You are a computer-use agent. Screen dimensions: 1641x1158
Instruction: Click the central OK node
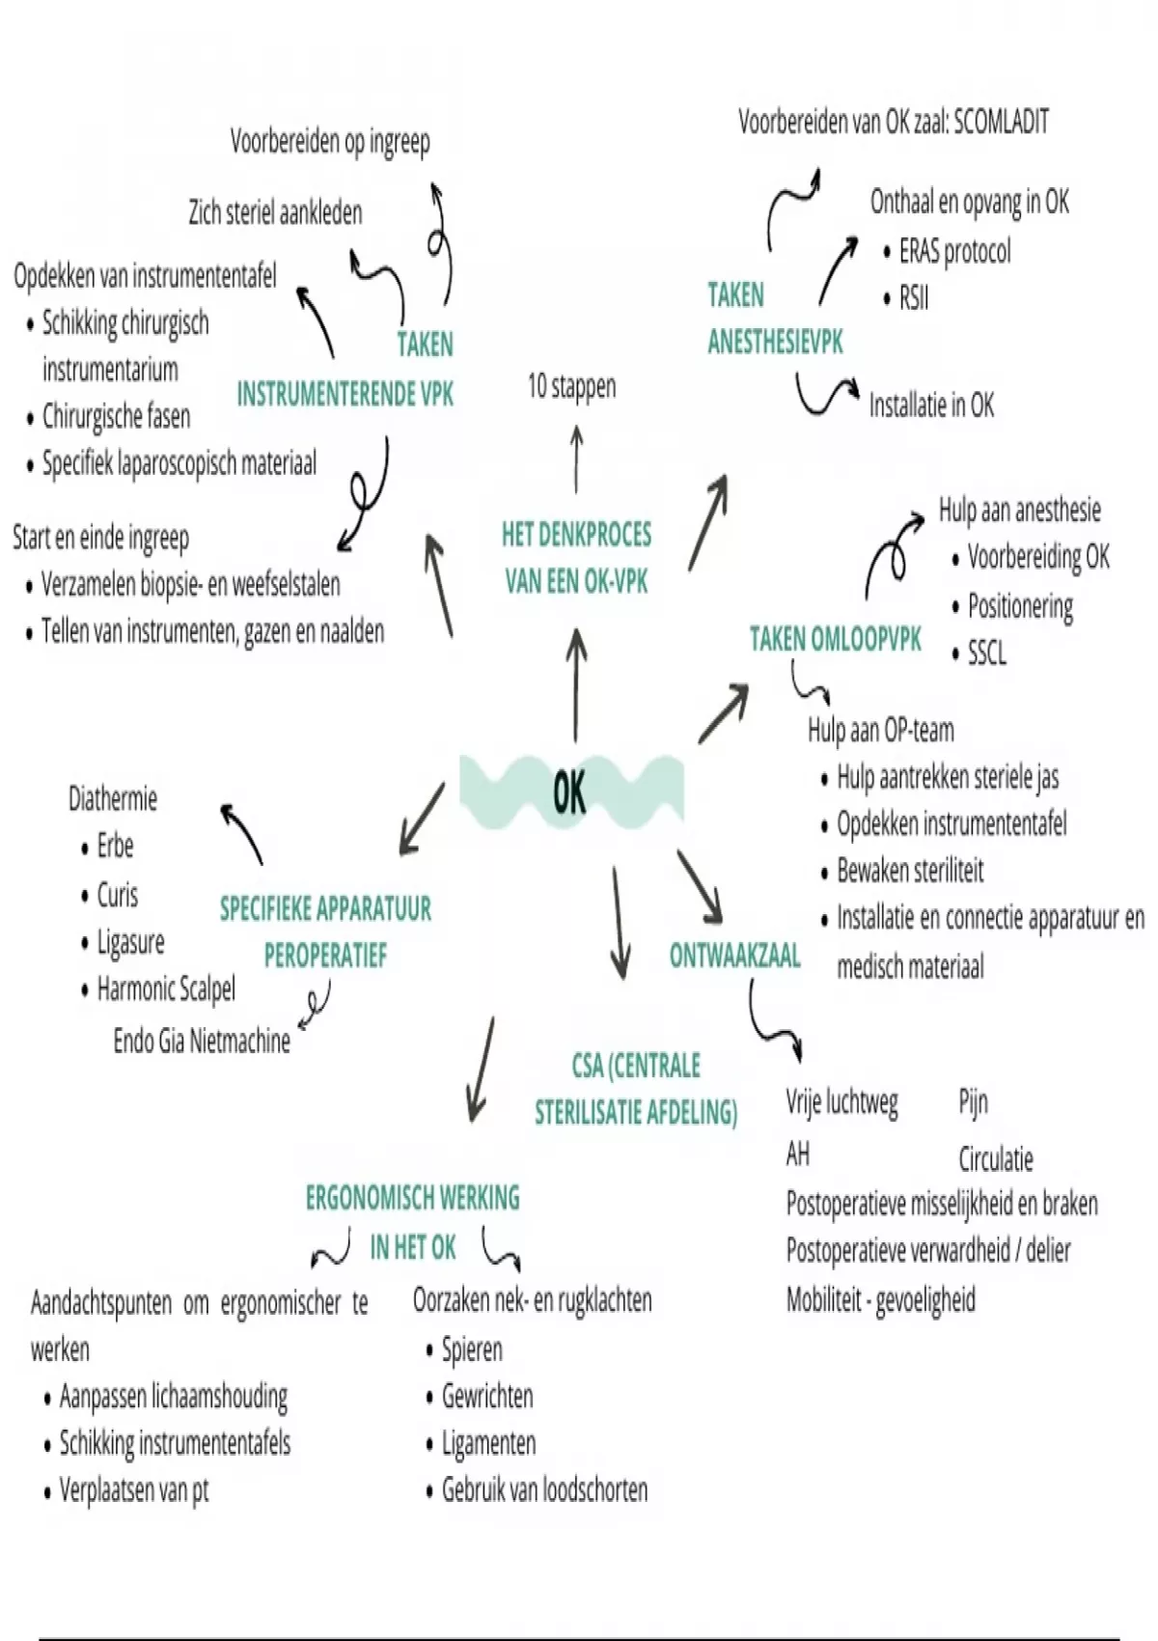pos(570,792)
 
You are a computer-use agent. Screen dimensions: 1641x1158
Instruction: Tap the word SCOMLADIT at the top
pos(1001,123)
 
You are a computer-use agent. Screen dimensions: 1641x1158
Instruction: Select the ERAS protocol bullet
pos(954,252)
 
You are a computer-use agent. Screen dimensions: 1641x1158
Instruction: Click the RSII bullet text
pos(914,298)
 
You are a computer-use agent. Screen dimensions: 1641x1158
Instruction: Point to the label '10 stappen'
pos(571,387)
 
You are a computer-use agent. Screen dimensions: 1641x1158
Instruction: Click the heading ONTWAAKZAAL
pos(734,956)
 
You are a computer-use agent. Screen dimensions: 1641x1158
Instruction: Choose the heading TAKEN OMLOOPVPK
pos(836,639)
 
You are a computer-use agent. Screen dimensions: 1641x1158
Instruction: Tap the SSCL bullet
pos(986,654)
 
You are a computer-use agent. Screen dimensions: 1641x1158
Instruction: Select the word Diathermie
pos(113,799)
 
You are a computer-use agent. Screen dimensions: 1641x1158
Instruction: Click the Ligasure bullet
pos(130,942)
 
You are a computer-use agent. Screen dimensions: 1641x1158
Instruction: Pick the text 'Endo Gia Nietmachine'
pos(202,1042)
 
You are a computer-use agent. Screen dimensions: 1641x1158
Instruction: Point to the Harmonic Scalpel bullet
pos(166,989)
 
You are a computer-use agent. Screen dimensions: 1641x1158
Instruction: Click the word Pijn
pos(973,1102)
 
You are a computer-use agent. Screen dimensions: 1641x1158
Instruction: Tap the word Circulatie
pos(996,1158)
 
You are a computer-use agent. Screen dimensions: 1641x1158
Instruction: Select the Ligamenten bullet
pos(488,1444)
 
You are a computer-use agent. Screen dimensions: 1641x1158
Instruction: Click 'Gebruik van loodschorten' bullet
pos(544,1490)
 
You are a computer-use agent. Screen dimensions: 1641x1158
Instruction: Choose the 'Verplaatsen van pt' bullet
pos(134,1491)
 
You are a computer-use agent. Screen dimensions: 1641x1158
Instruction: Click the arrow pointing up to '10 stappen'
pos(577,459)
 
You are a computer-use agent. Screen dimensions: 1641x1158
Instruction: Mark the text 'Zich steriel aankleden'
pos(275,212)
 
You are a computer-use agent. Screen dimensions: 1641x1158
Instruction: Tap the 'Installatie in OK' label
pos(931,405)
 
